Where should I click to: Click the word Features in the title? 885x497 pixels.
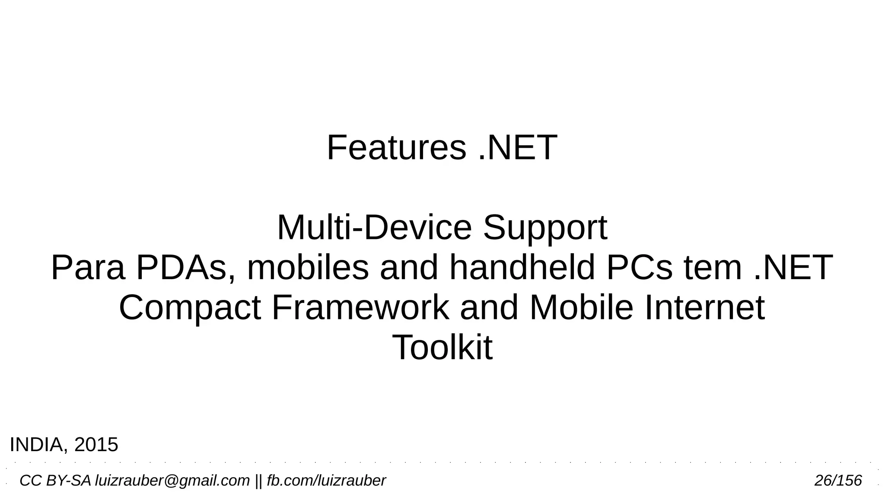(x=396, y=148)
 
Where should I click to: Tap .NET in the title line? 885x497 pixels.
(x=518, y=148)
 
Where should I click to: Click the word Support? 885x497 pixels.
(x=545, y=229)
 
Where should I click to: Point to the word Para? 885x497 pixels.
(x=88, y=268)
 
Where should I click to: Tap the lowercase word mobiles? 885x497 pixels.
(x=308, y=268)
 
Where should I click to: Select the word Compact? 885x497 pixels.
(x=190, y=308)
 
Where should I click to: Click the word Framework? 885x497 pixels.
(x=360, y=307)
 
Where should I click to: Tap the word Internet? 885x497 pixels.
(x=705, y=307)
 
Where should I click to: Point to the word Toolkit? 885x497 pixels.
(x=442, y=347)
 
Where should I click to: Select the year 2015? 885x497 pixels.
(x=96, y=445)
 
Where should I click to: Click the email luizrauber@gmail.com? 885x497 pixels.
(x=172, y=481)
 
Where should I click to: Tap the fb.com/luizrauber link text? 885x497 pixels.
(x=326, y=481)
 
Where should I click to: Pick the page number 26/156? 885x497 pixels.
(x=838, y=481)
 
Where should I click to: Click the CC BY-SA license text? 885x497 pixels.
(x=55, y=481)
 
